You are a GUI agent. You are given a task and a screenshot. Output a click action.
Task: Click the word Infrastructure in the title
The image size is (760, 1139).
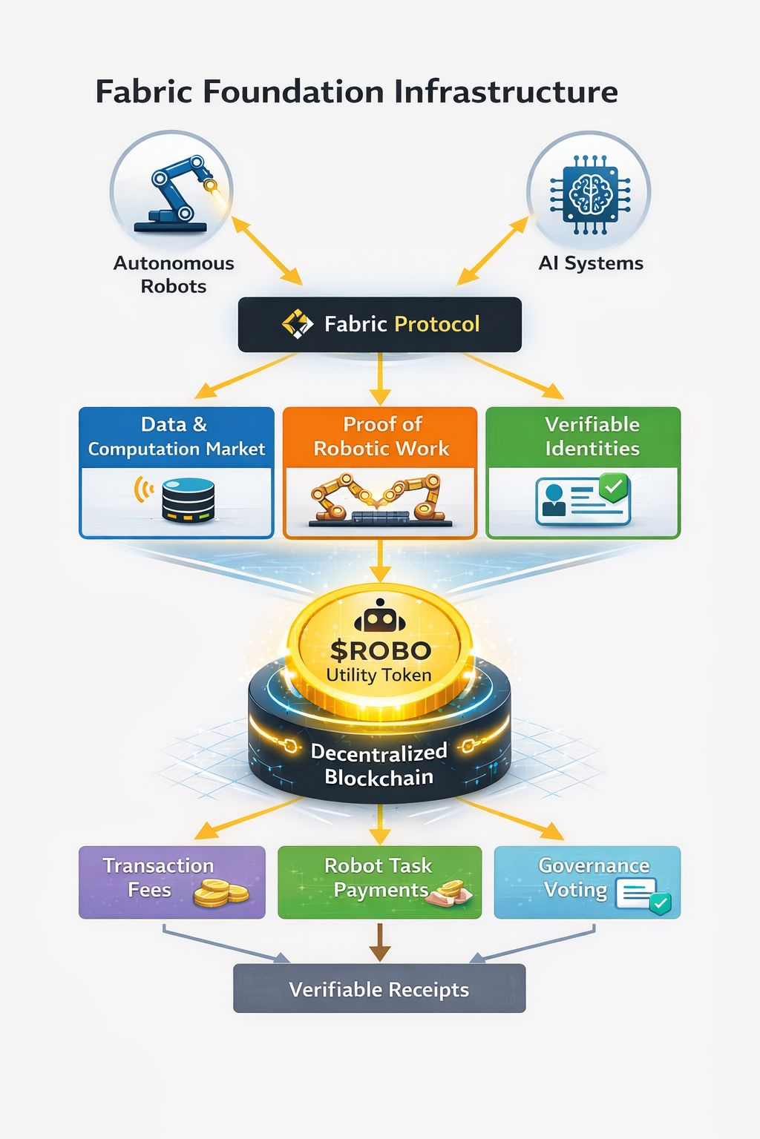[x=505, y=92]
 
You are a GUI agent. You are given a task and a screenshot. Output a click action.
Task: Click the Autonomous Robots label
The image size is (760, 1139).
[x=174, y=274]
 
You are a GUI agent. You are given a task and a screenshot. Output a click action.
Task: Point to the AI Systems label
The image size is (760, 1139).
[x=591, y=263]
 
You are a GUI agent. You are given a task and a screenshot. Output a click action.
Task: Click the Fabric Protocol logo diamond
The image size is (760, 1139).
[x=298, y=324]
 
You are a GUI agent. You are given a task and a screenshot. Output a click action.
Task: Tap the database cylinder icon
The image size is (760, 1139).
[x=188, y=500]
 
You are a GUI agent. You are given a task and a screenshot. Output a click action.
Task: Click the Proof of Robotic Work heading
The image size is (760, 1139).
[x=381, y=436]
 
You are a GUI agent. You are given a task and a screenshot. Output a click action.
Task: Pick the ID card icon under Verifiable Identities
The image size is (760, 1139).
[x=582, y=501]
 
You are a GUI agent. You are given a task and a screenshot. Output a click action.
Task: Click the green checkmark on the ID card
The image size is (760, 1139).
[x=614, y=487]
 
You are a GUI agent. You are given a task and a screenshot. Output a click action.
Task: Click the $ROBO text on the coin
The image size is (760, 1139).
[x=380, y=650]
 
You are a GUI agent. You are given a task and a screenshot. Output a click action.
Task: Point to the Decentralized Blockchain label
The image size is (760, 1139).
[x=379, y=765]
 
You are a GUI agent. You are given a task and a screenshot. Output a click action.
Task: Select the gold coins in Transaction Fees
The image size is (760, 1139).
[x=220, y=892]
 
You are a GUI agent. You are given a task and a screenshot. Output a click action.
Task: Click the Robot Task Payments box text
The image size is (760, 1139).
[x=379, y=877]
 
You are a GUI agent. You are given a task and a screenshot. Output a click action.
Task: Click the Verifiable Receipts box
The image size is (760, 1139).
[x=379, y=989]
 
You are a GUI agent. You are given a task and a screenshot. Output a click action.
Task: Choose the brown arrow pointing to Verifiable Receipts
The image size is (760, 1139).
[x=379, y=942]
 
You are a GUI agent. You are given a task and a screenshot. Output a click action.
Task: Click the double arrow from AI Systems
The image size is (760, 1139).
[x=493, y=251]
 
